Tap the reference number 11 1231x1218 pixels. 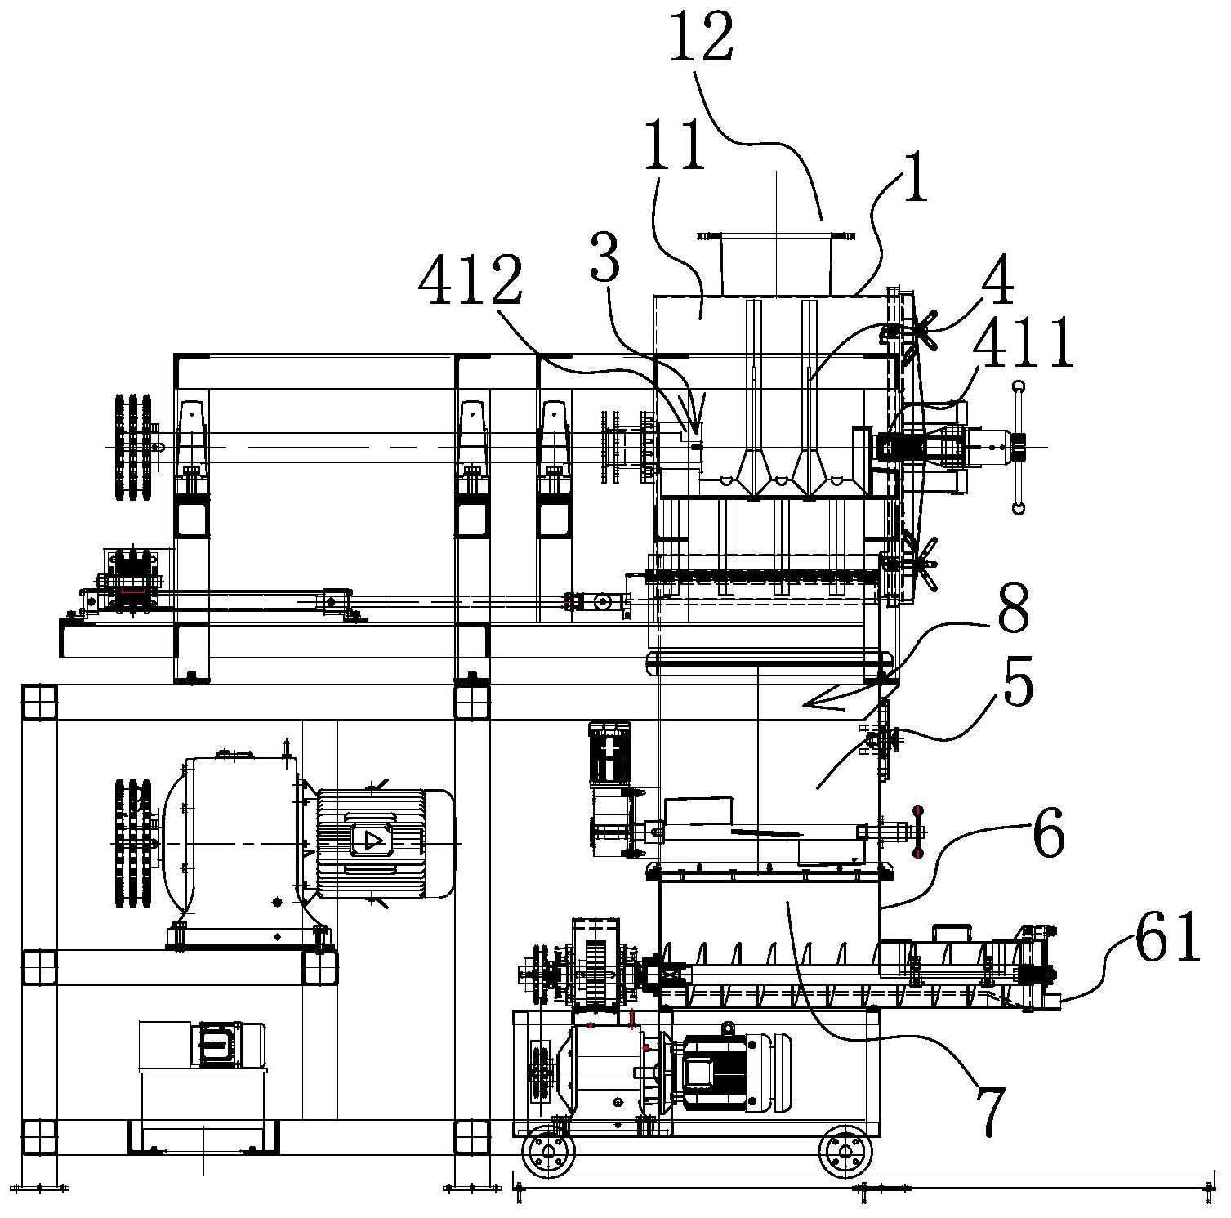tap(675, 145)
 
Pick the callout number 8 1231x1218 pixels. tap(1014, 609)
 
